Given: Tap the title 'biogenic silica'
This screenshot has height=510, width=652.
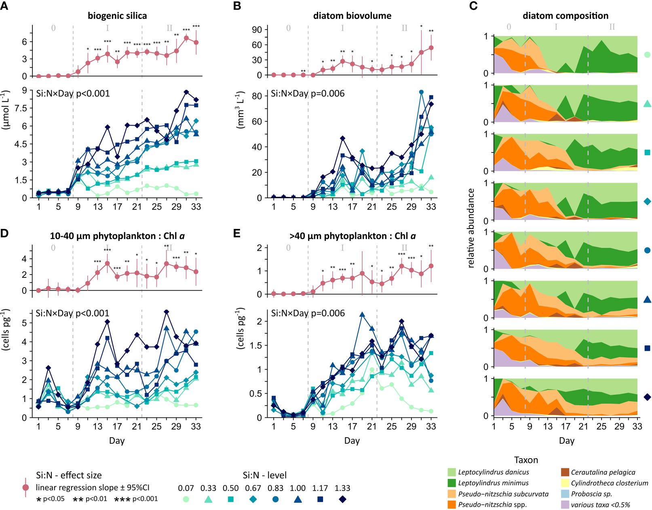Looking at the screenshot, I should coord(117,16).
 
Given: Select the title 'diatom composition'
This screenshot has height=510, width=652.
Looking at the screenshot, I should coord(565,16).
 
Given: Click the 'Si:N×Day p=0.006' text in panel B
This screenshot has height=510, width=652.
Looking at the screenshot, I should coord(308,93).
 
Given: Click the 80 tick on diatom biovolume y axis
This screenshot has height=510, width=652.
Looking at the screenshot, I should coord(257,96).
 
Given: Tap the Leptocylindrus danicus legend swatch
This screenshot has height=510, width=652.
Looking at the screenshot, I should coord(452,472).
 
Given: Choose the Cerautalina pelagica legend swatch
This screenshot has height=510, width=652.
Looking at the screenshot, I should coord(565,472).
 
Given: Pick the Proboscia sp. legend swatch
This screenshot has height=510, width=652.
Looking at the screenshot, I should coord(565,494).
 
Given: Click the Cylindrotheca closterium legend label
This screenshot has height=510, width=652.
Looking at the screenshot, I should coord(609,483).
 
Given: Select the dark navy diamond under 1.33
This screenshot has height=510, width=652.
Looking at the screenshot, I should coord(342,499).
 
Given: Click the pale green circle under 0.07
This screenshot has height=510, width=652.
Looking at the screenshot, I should coord(186,499).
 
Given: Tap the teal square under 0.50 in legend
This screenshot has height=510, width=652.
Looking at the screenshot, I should coord(230,499).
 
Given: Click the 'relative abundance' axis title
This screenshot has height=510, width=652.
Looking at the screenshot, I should coord(471,228).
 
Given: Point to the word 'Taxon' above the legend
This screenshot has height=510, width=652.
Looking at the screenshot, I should coord(526,460).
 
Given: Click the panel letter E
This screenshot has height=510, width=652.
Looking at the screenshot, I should coord(237,233).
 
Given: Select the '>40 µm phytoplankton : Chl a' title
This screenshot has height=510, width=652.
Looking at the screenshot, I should coord(352,236).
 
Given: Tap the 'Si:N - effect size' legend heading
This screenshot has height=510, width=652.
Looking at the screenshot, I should coord(69,475).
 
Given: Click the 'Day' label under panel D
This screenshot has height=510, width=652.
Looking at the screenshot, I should coord(117,440).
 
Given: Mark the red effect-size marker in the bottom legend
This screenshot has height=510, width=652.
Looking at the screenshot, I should coord(25,487).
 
